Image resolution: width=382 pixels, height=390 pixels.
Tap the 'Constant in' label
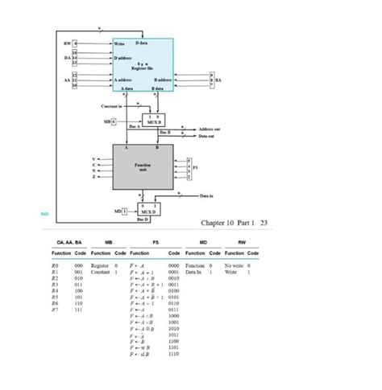point(110,106)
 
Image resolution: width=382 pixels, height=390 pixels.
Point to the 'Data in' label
point(208,195)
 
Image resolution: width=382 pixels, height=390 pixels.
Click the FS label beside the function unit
point(196,168)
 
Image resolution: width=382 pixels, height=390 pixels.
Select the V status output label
point(94,159)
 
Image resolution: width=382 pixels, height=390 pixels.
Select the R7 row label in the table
point(55,309)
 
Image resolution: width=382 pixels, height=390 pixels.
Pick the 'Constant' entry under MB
point(101,272)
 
